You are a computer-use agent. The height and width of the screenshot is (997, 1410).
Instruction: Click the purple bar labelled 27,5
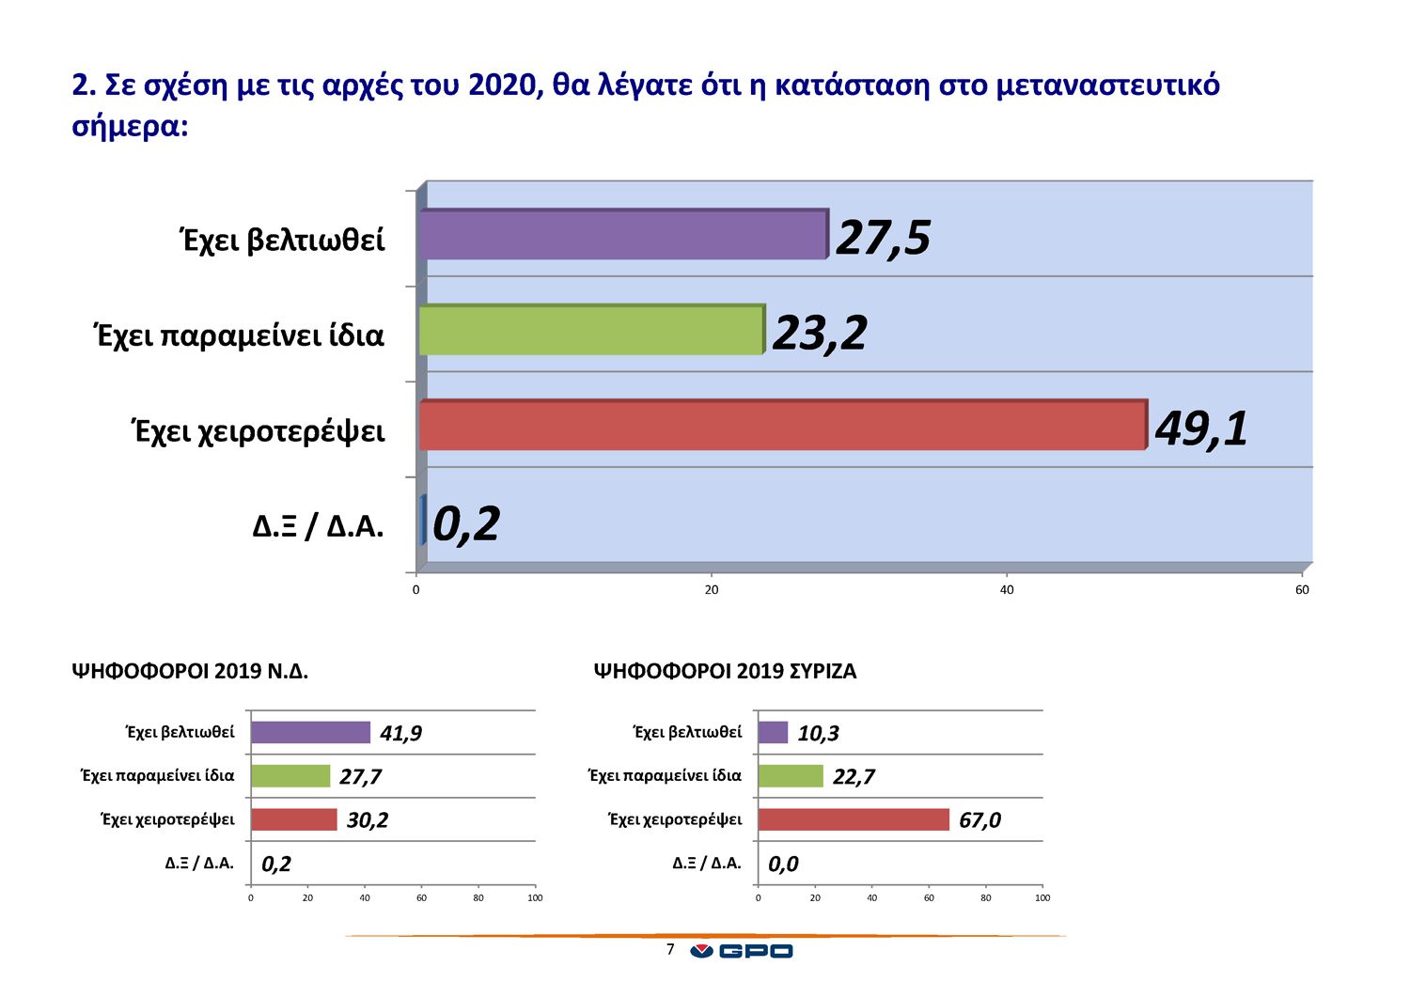click(622, 235)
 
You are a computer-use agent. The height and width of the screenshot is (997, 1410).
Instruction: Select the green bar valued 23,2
click(590, 331)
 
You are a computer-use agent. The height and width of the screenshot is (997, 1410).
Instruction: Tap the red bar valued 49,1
click(782, 426)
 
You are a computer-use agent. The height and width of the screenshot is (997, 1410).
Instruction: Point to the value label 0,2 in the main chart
click(466, 523)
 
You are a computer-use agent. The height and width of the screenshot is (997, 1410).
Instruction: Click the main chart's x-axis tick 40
click(1007, 590)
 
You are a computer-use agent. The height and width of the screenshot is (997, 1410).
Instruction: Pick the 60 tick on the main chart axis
click(1302, 590)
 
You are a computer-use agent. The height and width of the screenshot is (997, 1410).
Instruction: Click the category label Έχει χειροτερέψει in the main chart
click(258, 431)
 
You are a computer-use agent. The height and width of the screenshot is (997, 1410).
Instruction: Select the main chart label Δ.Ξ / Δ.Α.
click(318, 526)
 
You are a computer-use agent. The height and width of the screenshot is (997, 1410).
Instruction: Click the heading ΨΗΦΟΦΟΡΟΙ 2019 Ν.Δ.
click(190, 671)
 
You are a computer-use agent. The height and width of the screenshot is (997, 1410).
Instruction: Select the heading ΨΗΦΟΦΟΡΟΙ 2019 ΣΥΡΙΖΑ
click(725, 671)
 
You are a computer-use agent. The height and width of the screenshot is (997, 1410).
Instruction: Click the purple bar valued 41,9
click(310, 732)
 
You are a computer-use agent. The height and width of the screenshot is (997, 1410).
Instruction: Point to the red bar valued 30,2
click(293, 819)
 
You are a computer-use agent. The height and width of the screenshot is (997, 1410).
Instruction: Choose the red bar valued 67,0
click(854, 819)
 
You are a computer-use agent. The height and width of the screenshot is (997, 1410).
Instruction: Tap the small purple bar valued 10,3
click(773, 732)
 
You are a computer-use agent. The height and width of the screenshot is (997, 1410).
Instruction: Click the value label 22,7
click(854, 776)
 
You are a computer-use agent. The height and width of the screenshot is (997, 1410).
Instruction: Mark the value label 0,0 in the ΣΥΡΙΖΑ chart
click(783, 864)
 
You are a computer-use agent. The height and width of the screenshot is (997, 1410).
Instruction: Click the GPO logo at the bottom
click(742, 951)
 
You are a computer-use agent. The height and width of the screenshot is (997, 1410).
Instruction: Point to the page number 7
click(670, 949)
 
